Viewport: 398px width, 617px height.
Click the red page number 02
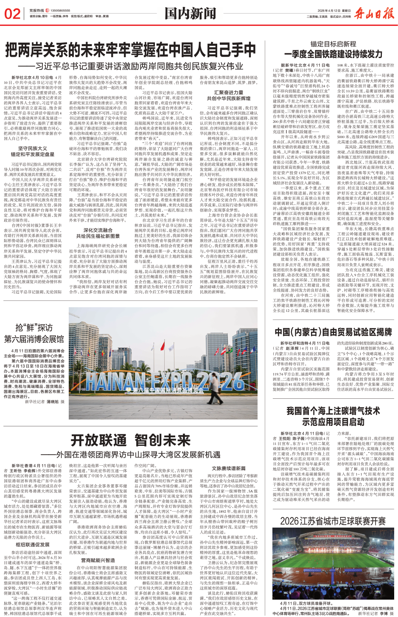click(12, 14)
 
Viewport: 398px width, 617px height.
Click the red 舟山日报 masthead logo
click(374, 14)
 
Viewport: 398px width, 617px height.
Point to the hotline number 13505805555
click(61, 11)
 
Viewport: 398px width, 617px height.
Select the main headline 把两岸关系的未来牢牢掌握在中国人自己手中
click(131, 50)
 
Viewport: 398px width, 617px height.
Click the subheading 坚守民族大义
click(33, 148)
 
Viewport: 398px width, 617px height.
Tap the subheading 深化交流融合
click(98, 231)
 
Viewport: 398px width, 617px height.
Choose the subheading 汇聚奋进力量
click(228, 93)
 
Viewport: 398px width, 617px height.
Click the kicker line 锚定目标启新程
click(333, 44)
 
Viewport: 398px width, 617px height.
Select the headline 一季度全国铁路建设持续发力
click(333, 54)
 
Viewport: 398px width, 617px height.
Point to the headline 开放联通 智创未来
click(131, 440)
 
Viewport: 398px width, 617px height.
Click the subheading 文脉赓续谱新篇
click(228, 469)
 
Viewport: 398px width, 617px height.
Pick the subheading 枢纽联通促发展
click(33, 545)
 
